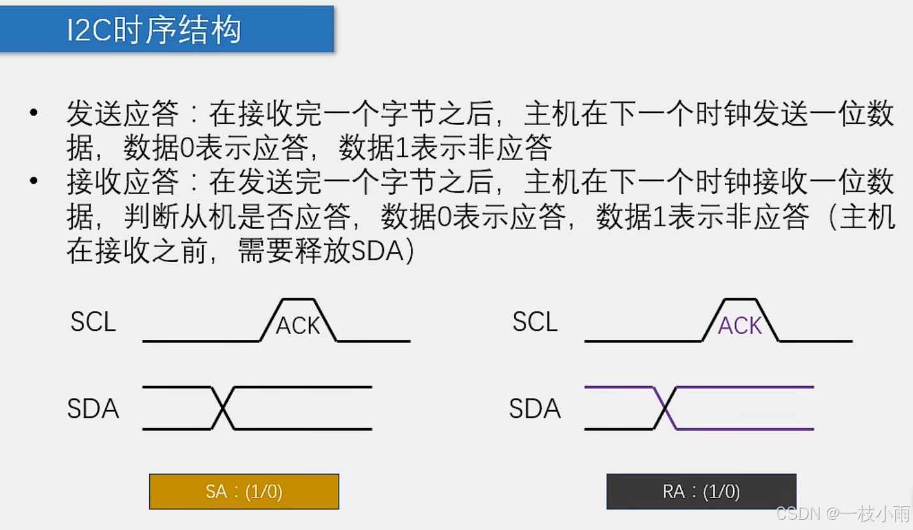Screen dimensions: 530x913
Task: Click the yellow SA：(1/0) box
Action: [244, 491]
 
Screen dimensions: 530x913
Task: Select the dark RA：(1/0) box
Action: [701, 491]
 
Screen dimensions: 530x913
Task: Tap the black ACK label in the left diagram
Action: [297, 326]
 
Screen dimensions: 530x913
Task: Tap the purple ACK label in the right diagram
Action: [740, 326]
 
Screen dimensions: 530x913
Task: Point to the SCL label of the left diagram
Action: [93, 322]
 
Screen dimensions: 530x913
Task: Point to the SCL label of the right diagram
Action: [535, 322]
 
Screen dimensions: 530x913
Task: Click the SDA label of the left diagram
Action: [93, 409]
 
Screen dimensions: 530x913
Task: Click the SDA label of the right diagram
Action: [535, 409]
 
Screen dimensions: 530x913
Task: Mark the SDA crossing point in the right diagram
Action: [665, 408]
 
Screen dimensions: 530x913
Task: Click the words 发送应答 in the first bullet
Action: [122, 115]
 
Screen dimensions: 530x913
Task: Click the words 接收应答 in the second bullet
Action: [122, 182]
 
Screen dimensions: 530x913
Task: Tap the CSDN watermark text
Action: [798, 513]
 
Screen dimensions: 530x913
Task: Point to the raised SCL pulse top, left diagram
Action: [297, 299]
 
